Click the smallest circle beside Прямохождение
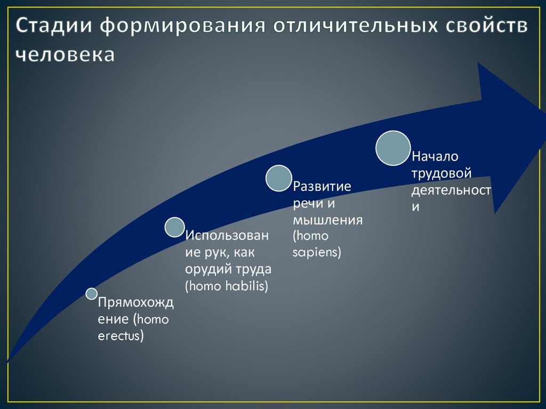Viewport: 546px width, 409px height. tap(91, 294)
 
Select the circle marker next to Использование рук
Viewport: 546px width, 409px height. tap(174, 227)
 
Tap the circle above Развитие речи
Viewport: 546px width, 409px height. tap(279, 179)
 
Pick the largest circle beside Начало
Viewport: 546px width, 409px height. tap(394, 148)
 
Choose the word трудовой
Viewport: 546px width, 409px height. tap(442, 173)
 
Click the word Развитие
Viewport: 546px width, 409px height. tap(322, 187)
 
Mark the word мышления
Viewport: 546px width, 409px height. tap(328, 220)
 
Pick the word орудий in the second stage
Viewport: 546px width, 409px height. tap(204, 269)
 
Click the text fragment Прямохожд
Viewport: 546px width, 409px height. tap(135, 303)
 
